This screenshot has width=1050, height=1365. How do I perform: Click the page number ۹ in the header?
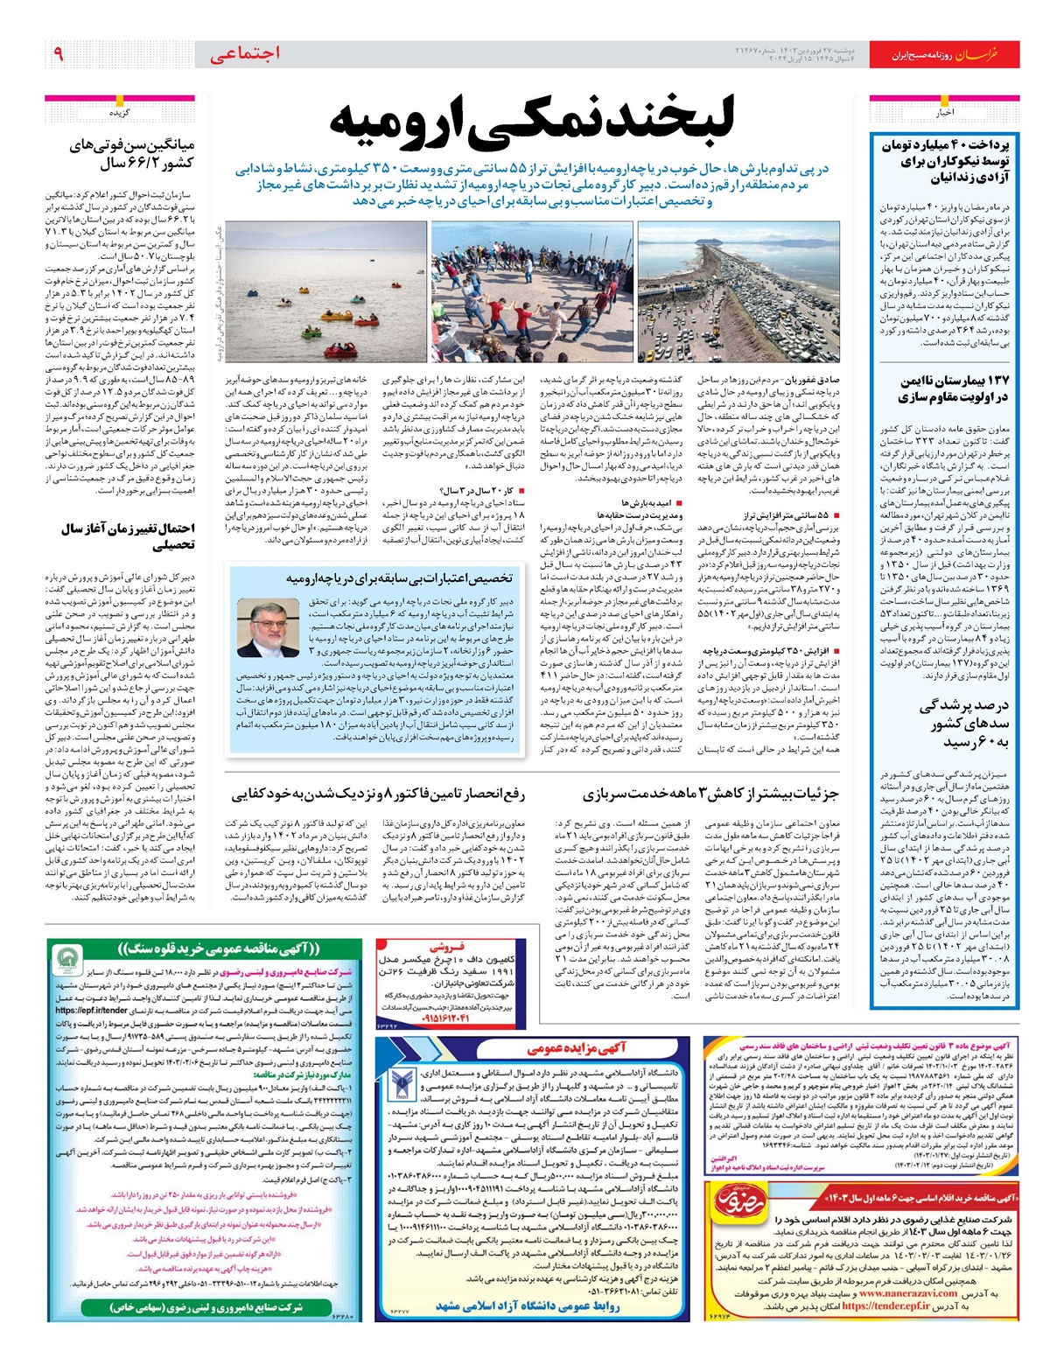click(59, 54)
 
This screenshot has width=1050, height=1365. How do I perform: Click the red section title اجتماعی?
click(245, 54)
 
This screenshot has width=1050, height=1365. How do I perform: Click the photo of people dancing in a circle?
click(531, 291)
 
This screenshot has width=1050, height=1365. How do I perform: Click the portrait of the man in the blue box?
click(268, 627)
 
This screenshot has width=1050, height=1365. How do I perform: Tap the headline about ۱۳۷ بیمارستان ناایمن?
click(955, 388)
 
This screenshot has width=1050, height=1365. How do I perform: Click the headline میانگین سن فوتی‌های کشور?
click(131, 154)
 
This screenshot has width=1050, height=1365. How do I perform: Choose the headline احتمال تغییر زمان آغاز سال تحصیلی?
click(128, 535)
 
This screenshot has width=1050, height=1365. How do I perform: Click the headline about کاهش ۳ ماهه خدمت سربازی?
click(710, 794)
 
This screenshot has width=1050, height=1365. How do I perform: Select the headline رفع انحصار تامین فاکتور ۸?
click(378, 794)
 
